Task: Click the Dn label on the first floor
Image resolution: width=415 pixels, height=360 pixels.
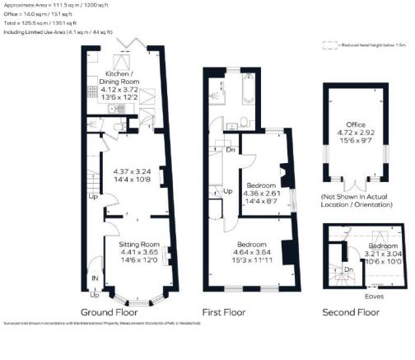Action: [x=231, y=149]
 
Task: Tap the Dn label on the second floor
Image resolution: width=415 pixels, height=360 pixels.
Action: [x=348, y=269]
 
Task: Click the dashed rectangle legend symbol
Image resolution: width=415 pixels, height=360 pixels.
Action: [x=330, y=46]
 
